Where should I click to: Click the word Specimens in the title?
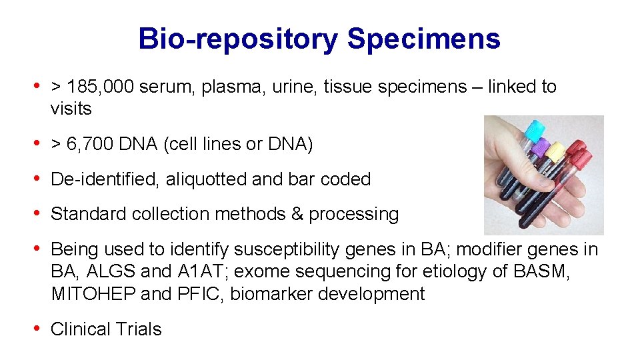(423, 39)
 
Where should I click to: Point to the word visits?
(71, 109)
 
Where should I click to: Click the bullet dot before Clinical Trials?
(38, 329)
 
